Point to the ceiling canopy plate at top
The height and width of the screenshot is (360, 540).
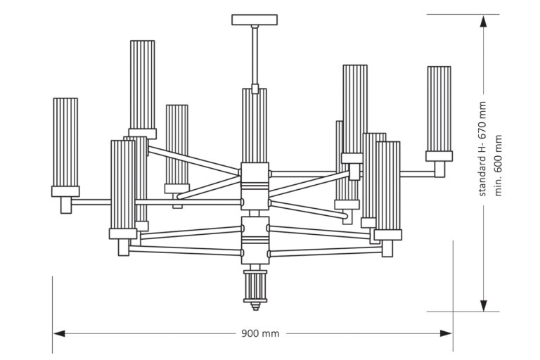click(x=254, y=20)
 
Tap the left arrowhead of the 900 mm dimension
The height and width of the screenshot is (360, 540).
click(x=59, y=333)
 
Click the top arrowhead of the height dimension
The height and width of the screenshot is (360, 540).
click(x=484, y=22)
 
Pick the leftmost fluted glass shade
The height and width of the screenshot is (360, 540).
click(x=65, y=141)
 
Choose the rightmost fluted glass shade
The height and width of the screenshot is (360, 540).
click(x=439, y=109)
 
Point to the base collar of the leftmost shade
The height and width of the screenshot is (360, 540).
click(x=65, y=191)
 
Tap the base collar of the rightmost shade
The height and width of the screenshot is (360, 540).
click(x=439, y=157)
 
